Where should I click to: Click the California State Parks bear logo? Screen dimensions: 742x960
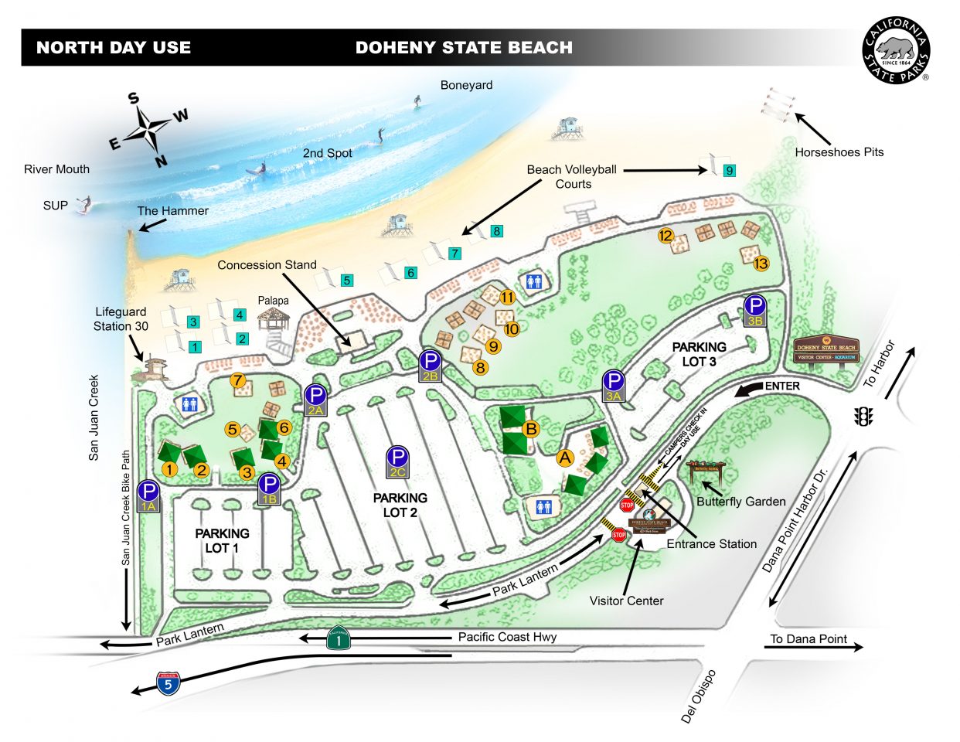(x=896, y=51)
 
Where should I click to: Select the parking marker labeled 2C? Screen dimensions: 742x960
(x=397, y=461)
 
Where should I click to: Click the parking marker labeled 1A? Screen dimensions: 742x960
(x=148, y=495)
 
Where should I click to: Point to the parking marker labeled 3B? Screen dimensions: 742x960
(x=755, y=310)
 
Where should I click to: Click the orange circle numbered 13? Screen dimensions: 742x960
(x=761, y=264)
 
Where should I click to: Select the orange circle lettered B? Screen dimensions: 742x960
(x=530, y=429)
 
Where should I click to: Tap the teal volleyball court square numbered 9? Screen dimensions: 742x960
(x=729, y=171)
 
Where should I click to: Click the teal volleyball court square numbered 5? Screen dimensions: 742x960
(x=347, y=281)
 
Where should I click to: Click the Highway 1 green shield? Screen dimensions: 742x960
(x=338, y=638)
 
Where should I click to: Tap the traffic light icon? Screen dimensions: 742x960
(x=863, y=417)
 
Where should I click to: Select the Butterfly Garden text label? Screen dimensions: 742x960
(x=740, y=502)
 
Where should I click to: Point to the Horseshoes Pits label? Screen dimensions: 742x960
(x=839, y=152)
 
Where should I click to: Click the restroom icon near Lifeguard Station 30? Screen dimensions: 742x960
(x=189, y=404)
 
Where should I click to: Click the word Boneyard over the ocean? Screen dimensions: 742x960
(x=466, y=85)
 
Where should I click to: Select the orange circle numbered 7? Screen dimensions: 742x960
(x=237, y=380)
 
